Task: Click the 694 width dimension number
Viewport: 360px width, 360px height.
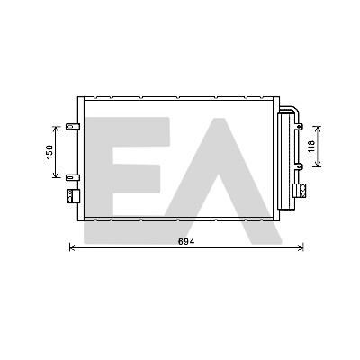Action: tap(186, 241)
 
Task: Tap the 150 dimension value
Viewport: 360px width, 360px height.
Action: tap(49, 152)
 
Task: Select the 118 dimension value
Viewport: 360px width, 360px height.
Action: tap(311, 147)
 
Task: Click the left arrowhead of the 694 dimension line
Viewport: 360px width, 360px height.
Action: tap(71, 247)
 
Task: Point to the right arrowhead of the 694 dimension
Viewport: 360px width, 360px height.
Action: tap(301, 247)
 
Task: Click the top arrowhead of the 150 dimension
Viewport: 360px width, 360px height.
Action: tap(56, 129)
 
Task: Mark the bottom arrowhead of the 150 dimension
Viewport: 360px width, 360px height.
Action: tap(56, 175)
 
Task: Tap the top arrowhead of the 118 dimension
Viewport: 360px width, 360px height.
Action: tap(318, 129)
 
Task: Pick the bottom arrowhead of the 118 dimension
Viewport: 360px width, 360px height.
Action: tap(318, 165)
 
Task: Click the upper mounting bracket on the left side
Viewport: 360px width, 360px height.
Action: tap(73, 127)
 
